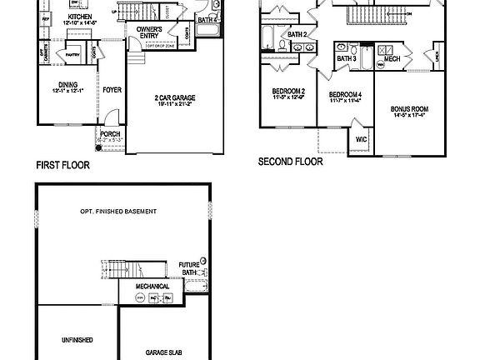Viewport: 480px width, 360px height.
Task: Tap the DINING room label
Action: (x=68, y=83)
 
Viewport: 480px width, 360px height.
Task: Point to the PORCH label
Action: (x=110, y=133)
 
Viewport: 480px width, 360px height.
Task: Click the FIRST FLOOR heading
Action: (x=62, y=165)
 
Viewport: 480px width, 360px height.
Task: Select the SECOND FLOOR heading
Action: (x=290, y=162)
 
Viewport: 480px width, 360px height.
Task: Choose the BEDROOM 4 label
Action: (x=345, y=96)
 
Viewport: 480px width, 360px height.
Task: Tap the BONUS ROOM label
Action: (x=410, y=109)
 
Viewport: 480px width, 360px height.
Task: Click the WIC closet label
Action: (x=361, y=140)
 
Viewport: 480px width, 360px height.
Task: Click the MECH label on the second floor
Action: (x=392, y=59)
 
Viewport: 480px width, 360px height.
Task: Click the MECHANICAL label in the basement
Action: (x=154, y=287)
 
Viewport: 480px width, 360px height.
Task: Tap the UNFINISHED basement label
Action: (x=77, y=341)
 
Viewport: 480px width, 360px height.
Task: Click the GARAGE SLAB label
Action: (x=164, y=352)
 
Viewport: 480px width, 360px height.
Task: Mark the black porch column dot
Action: (x=98, y=148)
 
